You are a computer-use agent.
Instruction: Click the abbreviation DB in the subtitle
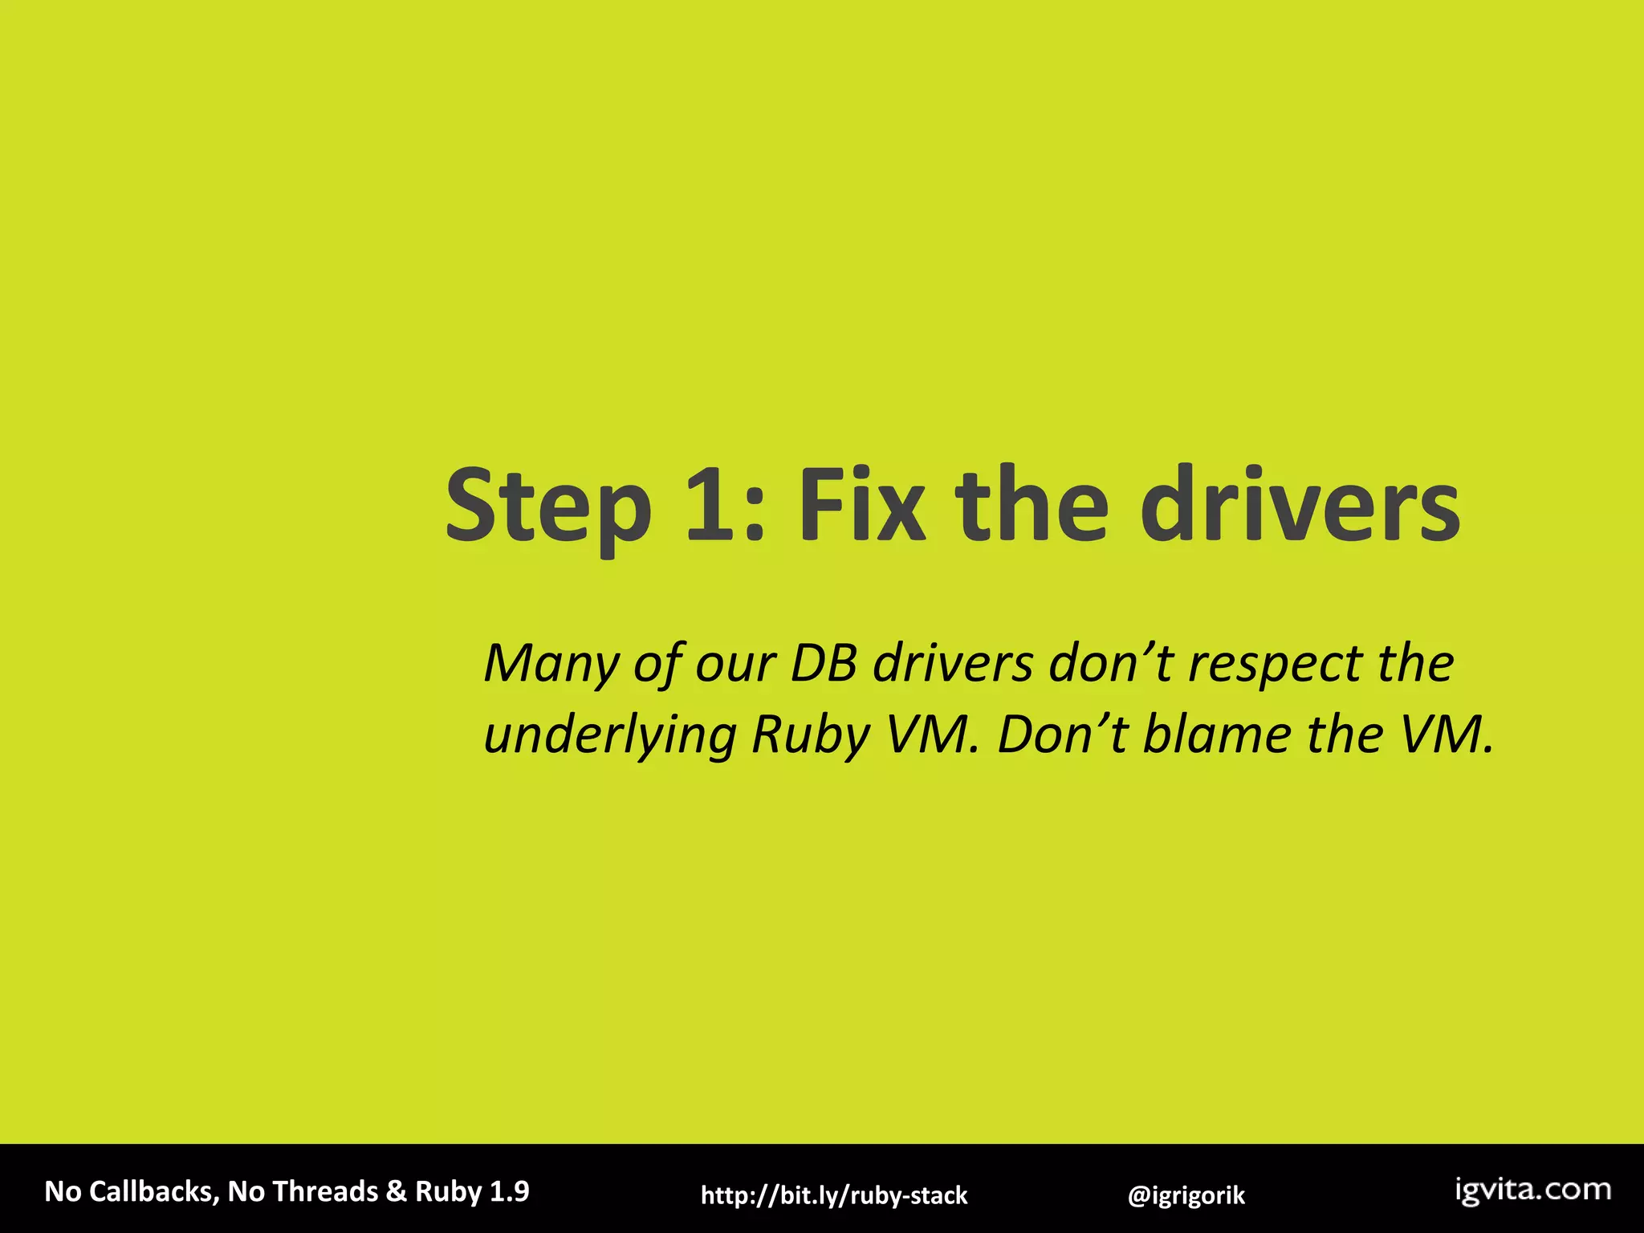coord(824,665)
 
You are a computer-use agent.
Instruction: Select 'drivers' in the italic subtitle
coord(953,665)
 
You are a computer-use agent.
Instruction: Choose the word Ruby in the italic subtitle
coord(811,735)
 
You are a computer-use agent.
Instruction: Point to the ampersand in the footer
coord(396,1191)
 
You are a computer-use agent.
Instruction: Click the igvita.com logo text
coord(1533,1190)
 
